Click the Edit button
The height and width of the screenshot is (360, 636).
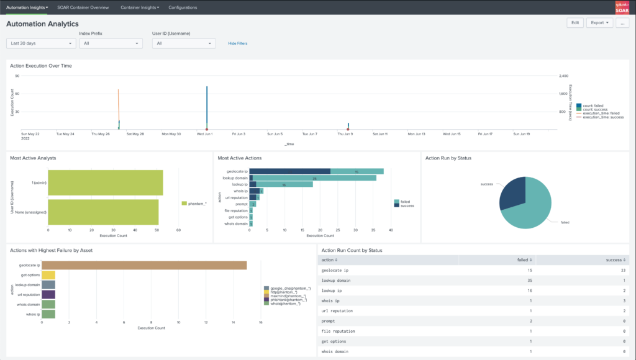coord(575,23)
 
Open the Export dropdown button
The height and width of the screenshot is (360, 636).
coord(599,23)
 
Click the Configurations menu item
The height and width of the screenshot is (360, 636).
coord(183,7)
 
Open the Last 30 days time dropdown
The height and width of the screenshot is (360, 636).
coord(41,43)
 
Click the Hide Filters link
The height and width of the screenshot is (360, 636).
coord(237,43)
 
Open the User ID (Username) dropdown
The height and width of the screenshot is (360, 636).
coord(184,43)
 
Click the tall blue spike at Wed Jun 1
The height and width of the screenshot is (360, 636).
coord(207,106)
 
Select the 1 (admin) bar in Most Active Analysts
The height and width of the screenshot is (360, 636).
coord(105,184)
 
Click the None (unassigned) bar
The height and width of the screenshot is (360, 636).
coord(102,212)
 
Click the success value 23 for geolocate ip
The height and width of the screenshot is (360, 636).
coord(623,271)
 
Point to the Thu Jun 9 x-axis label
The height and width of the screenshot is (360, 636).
coord(345,133)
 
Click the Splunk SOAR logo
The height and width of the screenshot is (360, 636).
coord(623,7)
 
